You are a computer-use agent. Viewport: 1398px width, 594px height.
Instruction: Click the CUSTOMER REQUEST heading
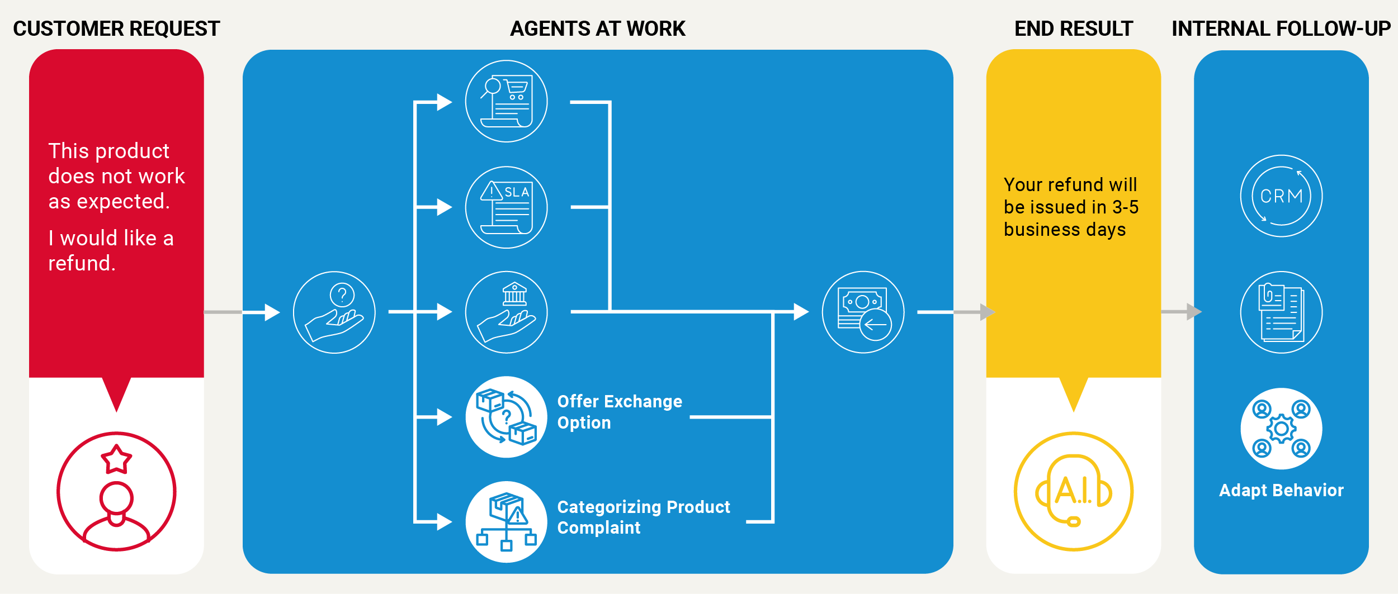pos(116,28)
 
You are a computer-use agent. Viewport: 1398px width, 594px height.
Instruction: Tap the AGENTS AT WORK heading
pos(597,28)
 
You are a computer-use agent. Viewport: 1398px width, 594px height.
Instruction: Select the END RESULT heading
pos(1073,28)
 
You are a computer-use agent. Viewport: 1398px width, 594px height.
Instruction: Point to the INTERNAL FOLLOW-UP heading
pos(1281,28)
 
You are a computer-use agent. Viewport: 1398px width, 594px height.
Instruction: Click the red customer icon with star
pos(116,491)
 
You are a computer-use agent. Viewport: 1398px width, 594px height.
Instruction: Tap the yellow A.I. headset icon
pos(1073,491)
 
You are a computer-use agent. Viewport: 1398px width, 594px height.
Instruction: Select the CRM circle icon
pos(1281,196)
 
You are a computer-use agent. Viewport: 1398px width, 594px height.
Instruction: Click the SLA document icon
pos(506,207)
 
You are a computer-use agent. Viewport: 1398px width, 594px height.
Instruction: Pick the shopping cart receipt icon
pos(506,101)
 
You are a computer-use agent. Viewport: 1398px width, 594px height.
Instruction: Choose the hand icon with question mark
pos(334,312)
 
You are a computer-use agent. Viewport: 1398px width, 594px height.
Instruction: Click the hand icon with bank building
pos(506,312)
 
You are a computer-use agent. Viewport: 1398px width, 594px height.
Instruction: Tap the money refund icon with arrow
pos(863,312)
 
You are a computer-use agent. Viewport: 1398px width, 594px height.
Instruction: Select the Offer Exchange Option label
pos(620,412)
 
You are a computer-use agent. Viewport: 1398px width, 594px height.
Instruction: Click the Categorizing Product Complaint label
pos(643,517)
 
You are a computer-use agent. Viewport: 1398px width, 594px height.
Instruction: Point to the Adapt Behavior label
pos(1281,490)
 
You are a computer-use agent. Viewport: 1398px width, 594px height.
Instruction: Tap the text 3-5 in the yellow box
pos(1125,207)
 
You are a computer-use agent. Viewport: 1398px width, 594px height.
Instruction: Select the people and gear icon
pos(1281,429)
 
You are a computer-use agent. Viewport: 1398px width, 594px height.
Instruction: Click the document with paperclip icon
pos(1281,312)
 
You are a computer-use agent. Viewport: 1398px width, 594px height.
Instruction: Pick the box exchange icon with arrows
pos(506,417)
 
